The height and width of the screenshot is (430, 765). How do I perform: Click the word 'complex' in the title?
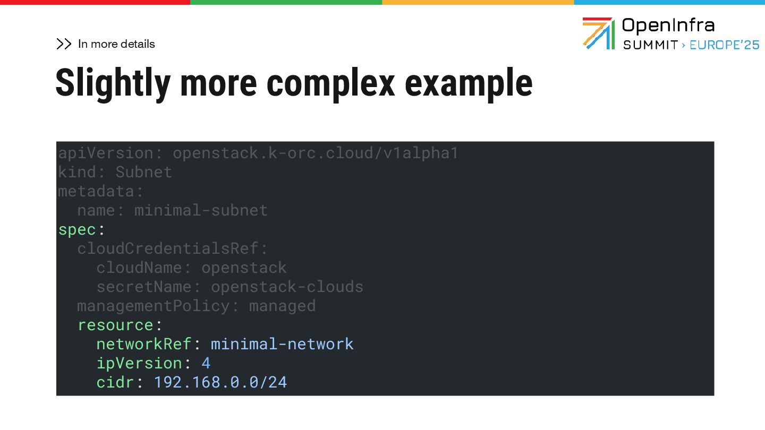pos(330,83)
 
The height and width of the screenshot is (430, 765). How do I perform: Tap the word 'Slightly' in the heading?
pos(113,83)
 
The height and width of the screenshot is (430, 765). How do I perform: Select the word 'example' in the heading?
pos(469,83)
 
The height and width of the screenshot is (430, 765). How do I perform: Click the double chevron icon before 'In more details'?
pos(64,44)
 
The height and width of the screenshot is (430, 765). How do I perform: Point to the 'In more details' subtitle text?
pos(116,44)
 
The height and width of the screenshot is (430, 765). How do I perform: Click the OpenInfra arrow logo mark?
pos(598,33)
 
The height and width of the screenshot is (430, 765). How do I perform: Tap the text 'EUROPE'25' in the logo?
pos(725,45)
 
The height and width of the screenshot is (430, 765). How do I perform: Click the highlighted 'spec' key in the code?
pos(77,229)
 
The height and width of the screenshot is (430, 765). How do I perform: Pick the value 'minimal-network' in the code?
pos(282,344)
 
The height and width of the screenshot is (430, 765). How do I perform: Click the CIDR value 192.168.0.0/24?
pos(220,382)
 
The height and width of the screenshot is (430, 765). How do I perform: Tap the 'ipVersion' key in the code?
pos(139,363)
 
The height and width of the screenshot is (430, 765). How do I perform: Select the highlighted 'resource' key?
pos(115,325)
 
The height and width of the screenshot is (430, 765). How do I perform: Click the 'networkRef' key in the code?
pos(143,344)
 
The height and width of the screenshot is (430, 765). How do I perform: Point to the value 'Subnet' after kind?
pos(144,172)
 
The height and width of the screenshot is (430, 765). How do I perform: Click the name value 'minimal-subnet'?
pos(201,210)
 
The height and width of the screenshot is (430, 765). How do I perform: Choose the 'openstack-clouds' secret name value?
pos(287,287)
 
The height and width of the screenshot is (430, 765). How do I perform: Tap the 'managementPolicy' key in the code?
pos(154,306)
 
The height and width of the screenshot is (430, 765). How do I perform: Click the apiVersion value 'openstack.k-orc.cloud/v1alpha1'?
pos(315,153)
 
